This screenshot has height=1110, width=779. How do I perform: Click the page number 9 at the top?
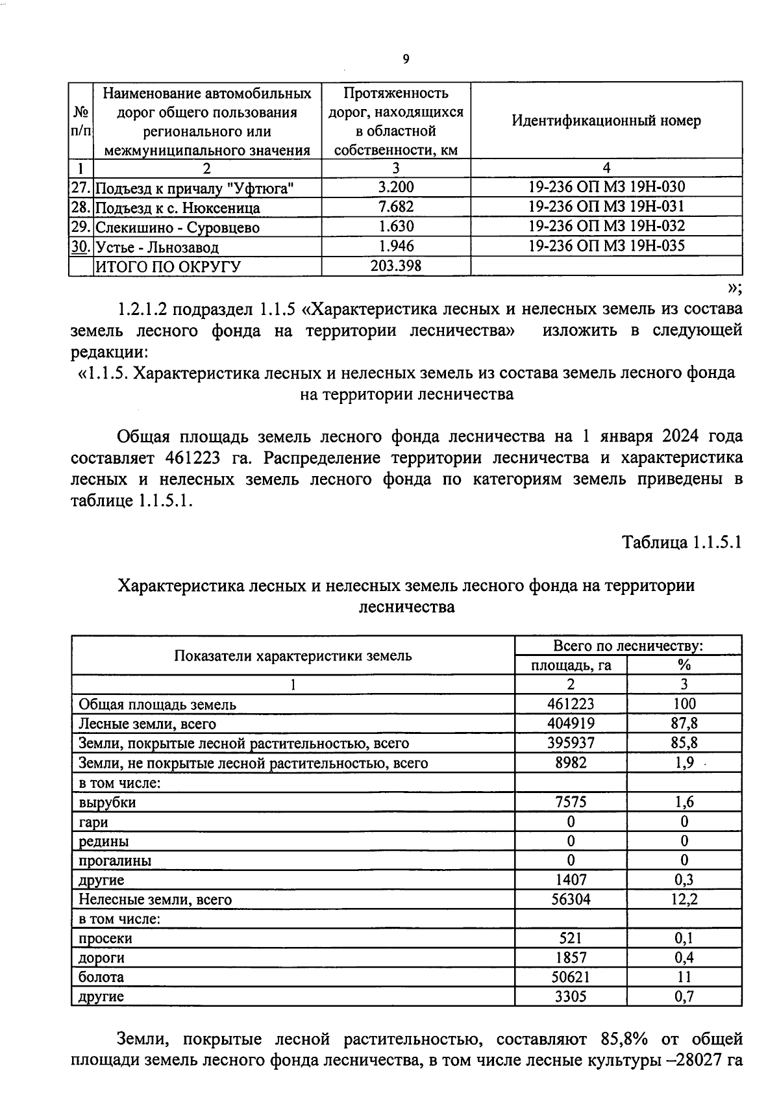point(406,59)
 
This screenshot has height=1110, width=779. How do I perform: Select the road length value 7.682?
point(395,207)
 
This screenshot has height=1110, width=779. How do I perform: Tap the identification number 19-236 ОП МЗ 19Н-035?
point(606,246)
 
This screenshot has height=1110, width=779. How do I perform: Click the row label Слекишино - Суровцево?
point(177,228)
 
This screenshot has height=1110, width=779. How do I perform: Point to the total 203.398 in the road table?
point(395,266)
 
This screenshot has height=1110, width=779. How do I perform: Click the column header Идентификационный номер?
point(606,121)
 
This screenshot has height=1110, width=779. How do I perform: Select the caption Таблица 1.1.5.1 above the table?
point(682,542)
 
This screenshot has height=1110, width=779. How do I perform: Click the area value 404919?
point(571,724)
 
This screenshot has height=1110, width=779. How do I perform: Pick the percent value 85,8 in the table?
point(684,743)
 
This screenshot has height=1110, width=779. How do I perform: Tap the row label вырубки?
point(107,802)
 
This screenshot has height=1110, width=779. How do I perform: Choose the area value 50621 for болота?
point(571,977)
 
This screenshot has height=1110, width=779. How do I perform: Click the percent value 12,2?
point(684,900)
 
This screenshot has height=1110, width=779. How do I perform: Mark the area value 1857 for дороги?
point(571,957)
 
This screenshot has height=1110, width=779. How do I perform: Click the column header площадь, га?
point(571,665)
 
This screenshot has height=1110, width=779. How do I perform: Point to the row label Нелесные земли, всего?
point(155,900)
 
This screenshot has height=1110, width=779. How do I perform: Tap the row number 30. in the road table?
point(80,247)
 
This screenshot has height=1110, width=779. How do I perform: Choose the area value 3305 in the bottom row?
point(571,996)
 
